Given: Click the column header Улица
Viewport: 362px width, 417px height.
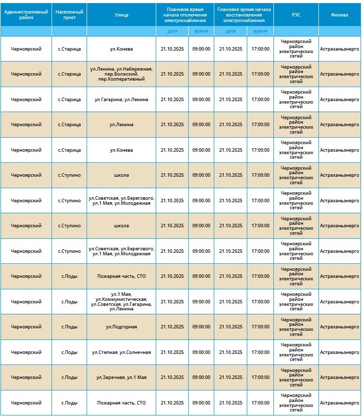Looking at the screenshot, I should [x=121, y=15].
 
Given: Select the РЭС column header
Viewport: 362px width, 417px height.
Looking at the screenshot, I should [x=296, y=15].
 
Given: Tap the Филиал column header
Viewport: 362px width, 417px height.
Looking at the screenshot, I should [x=339, y=15].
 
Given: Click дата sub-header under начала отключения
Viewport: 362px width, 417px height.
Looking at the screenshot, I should [x=172, y=31].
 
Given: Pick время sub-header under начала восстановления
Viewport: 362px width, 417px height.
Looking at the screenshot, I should [x=260, y=31].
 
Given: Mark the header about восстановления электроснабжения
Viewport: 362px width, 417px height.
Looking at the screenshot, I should [x=244, y=15].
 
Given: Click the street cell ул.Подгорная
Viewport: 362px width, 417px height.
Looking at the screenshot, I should [x=121, y=327].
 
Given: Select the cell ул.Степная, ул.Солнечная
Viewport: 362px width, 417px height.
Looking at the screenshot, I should [x=121, y=352].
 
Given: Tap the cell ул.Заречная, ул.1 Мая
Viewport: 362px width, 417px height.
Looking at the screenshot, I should [x=121, y=377].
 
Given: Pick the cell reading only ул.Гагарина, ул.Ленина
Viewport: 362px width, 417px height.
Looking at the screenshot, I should [x=121, y=100].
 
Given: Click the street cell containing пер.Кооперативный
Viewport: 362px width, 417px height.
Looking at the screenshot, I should [x=121, y=74].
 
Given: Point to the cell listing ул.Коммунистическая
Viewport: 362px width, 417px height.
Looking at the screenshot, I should [x=121, y=302].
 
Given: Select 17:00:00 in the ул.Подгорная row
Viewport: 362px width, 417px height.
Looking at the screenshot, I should [x=260, y=327].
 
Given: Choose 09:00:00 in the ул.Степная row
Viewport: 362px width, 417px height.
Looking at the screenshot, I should [x=201, y=352].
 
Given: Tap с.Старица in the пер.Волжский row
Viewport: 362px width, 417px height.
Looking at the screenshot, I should [x=69, y=74].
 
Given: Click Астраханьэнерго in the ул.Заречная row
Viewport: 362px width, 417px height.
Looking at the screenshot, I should [x=339, y=377].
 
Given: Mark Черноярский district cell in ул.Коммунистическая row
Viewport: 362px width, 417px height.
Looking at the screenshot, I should [x=26, y=302].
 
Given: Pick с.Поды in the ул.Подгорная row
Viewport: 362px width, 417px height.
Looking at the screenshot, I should [x=69, y=327].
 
